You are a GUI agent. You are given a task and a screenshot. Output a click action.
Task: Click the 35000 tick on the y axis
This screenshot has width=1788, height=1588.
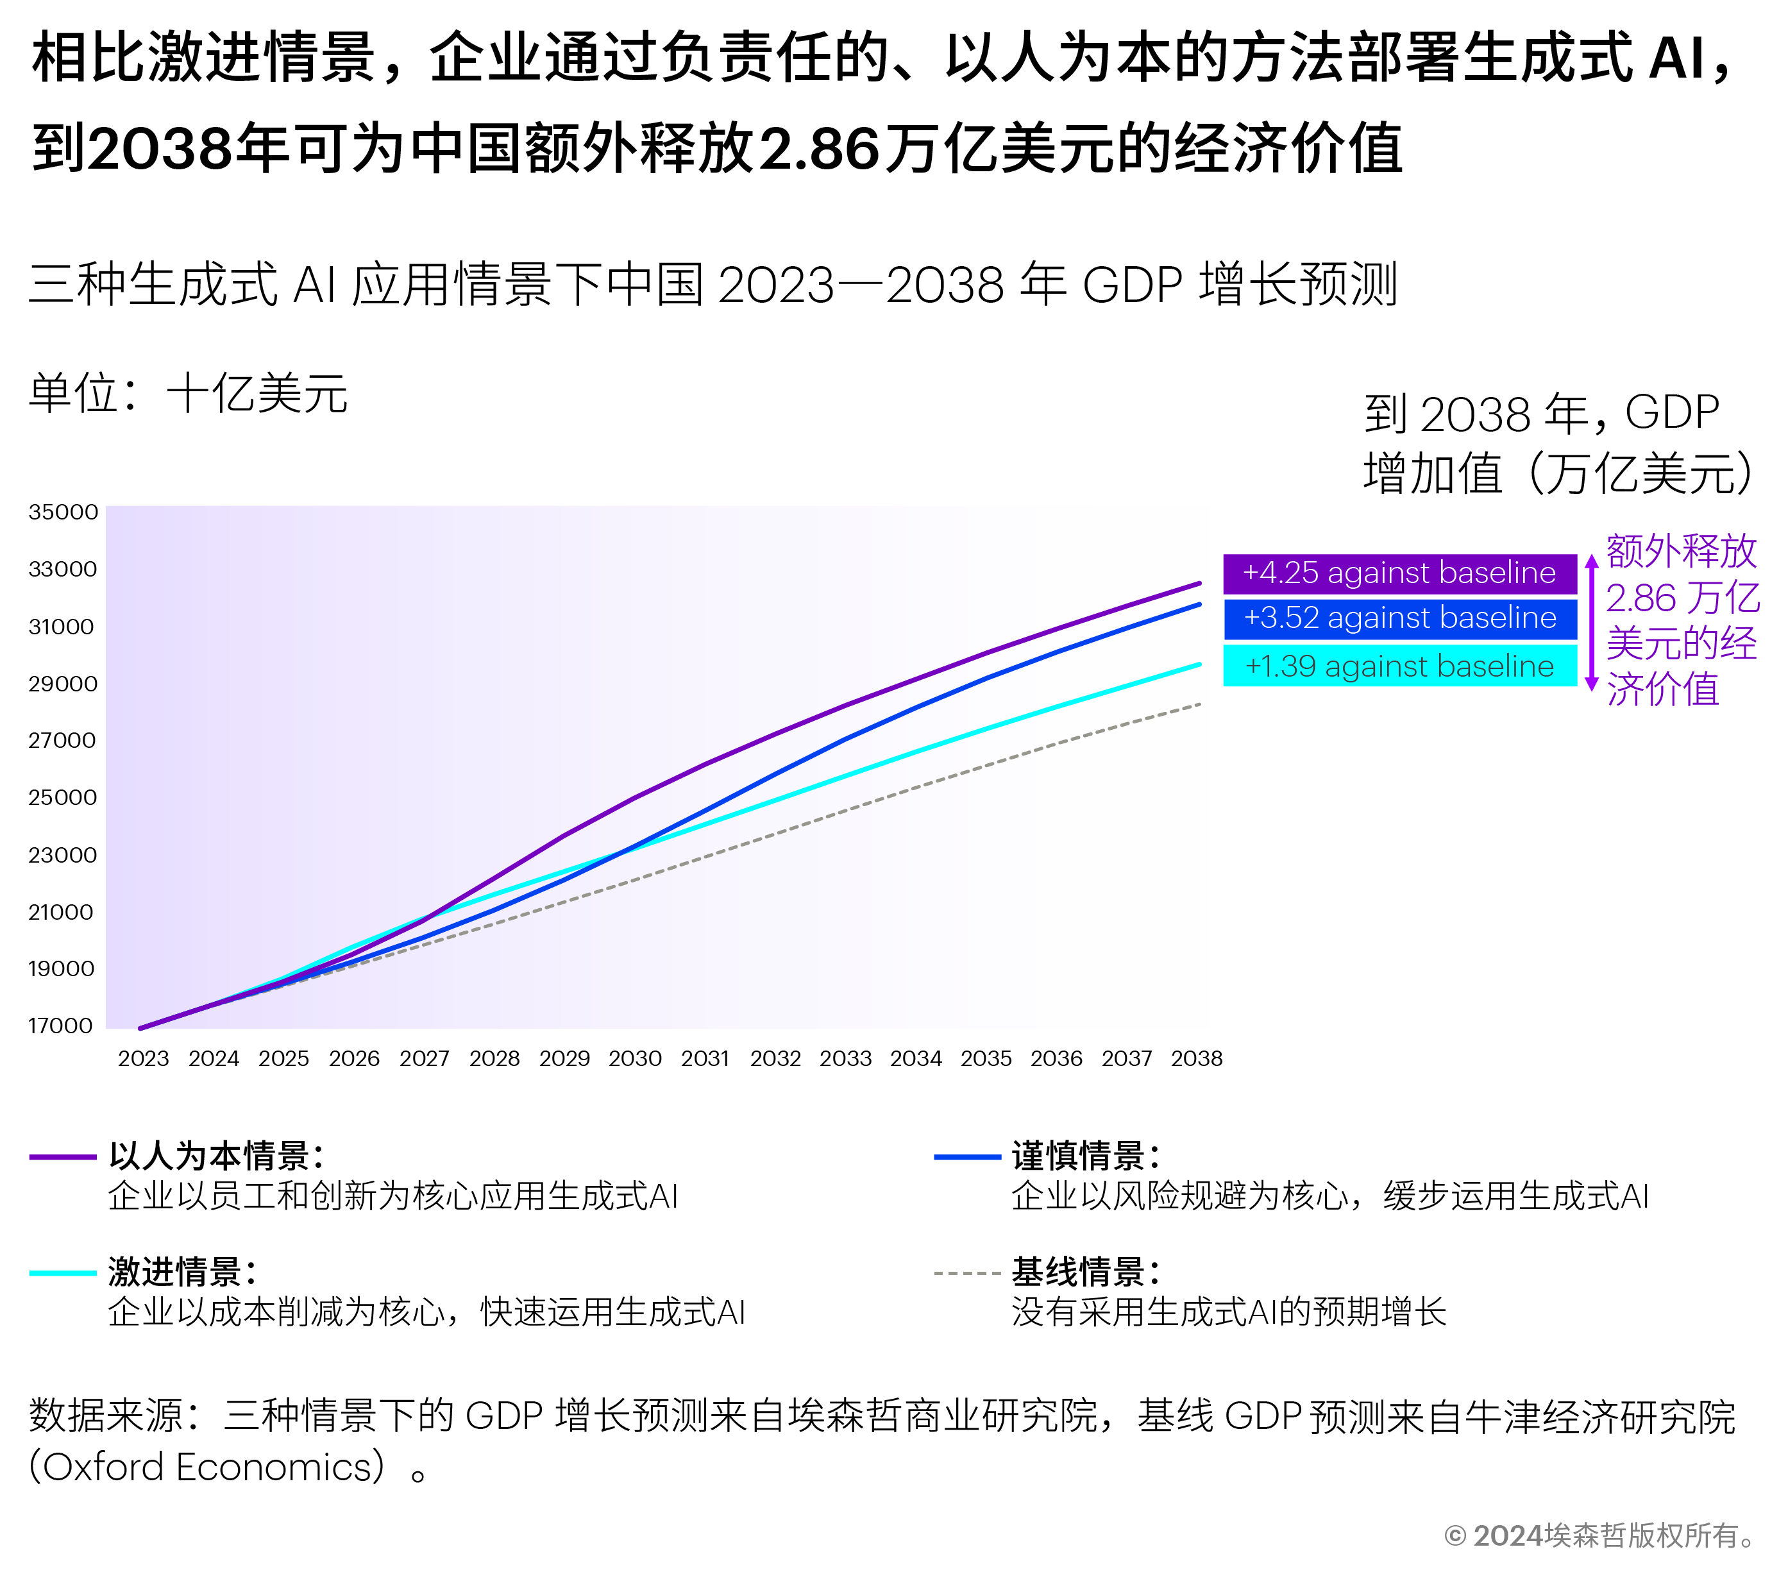pyautogui.click(x=63, y=512)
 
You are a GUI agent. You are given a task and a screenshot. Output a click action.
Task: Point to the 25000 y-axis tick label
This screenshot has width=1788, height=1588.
pyautogui.click(x=63, y=797)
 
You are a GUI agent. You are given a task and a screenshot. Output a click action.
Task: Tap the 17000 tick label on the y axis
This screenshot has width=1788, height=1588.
pyautogui.click(x=61, y=1026)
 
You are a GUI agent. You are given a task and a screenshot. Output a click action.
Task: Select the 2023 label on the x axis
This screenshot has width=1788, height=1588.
pyautogui.click(x=144, y=1059)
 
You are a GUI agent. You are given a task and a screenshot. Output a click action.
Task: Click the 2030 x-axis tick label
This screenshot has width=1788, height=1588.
pyautogui.click(x=635, y=1059)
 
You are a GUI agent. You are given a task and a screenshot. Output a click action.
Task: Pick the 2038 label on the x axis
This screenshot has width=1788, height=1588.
pyautogui.click(x=1197, y=1059)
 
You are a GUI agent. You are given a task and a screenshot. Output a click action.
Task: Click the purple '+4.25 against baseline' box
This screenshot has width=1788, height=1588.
pyautogui.click(x=1399, y=573)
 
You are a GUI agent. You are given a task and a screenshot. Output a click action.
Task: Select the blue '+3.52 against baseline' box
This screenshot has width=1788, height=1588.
pyautogui.click(x=1399, y=618)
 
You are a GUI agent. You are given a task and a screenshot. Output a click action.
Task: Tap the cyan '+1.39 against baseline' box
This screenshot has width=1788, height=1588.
pyautogui.click(x=1399, y=666)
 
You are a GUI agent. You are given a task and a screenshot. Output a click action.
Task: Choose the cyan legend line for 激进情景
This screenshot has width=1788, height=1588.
pyautogui.click(x=62, y=1273)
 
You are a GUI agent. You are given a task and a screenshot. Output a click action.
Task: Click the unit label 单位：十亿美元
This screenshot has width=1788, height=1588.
pyautogui.click(x=188, y=394)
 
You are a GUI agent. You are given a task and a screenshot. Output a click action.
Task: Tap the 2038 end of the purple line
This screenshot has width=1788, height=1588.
pyautogui.click(x=1199, y=583)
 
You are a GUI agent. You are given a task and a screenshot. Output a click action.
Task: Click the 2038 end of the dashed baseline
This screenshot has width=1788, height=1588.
pyautogui.click(x=1199, y=704)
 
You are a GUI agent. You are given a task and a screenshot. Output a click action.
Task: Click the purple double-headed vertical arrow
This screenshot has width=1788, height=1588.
pyautogui.click(x=1591, y=623)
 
